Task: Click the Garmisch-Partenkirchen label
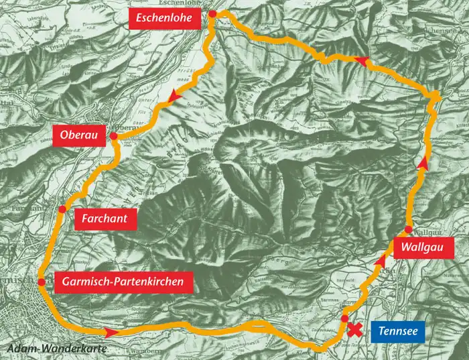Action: [x=123, y=282]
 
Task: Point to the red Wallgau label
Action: [x=419, y=247]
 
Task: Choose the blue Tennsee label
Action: [x=398, y=331]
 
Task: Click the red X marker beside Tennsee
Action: [x=354, y=329]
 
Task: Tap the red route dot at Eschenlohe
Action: [x=212, y=14]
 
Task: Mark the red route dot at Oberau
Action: [x=113, y=136]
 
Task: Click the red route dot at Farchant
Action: [x=62, y=209]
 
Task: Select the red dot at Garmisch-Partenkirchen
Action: [x=42, y=282]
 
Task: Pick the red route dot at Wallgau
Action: [x=408, y=229]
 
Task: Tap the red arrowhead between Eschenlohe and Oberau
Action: [x=176, y=98]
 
